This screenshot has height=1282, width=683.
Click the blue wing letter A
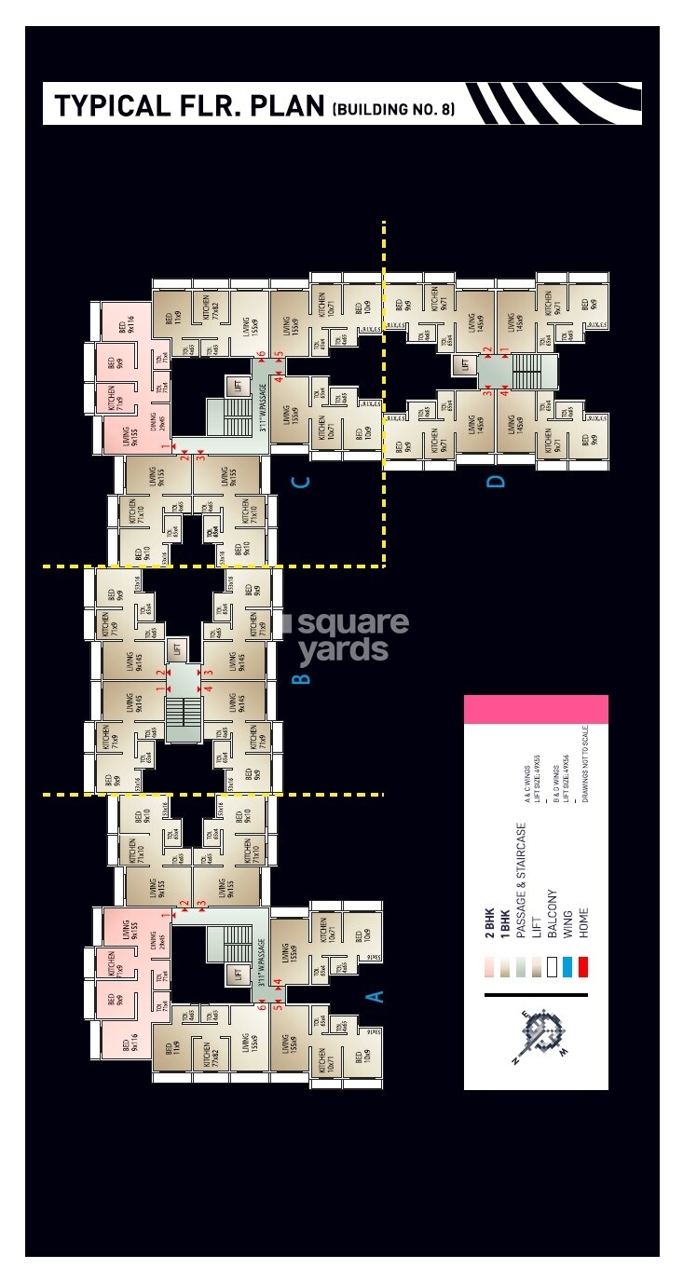(x=376, y=996)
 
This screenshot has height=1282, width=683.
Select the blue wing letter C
(x=300, y=482)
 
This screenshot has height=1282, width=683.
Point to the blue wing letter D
(x=496, y=481)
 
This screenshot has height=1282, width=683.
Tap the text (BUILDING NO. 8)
(x=393, y=109)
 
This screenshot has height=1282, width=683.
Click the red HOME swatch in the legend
(x=582, y=967)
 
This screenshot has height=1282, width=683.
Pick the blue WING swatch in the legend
(x=567, y=967)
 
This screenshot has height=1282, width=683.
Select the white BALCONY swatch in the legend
(x=552, y=967)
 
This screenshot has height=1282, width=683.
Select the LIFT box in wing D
(x=466, y=365)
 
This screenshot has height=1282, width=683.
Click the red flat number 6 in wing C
(x=263, y=355)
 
